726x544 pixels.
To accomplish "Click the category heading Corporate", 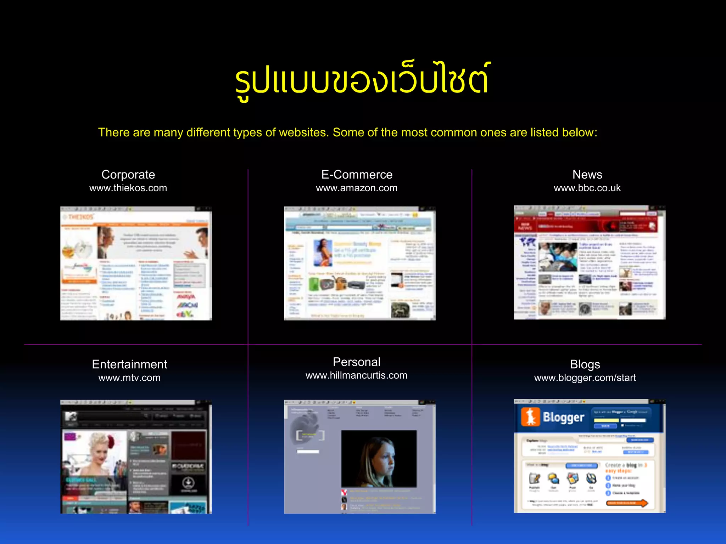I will pyautogui.click(x=128, y=175).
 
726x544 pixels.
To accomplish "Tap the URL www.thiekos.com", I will pyautogui.click(x=128, y=188).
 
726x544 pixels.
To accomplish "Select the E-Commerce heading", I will pyautogui.click(x=357, y=175).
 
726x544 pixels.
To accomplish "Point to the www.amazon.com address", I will pyautogui.click(x=357, y=188).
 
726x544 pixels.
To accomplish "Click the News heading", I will pyautogui.click(x=587, y=175).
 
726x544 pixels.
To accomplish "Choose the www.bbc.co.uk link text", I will pyautogui.click(x=587, y=188).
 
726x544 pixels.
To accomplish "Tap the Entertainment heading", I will pyautogui.click(x=129, y=364).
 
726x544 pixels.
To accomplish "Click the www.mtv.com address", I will pyautogui.click(x=129, y=378).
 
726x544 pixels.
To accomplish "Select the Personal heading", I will pyautogui.click(x=357, y=362).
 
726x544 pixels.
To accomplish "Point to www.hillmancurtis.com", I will pyautogui.click(x=357, y=375).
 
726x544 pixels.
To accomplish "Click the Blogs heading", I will pyautogui.click(x=585, y=364).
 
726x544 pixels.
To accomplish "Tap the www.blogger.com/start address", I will pyautogui.click(x=585, y=378).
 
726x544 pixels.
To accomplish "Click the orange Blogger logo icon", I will pyautogui.click(x=530, y=417).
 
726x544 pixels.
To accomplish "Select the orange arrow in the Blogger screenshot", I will pyautogui.click(x=627, y=503).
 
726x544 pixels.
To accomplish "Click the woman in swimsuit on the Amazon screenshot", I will pyautogui.click(x=323, y=252).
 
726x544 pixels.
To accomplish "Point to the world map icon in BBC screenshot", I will pyautogui.click(x=527, y=242).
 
